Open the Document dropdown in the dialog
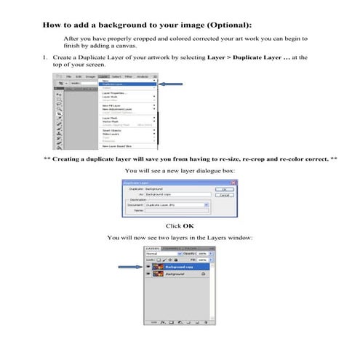(207, 206)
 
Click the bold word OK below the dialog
(188, 226)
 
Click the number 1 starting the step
(44, 56)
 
